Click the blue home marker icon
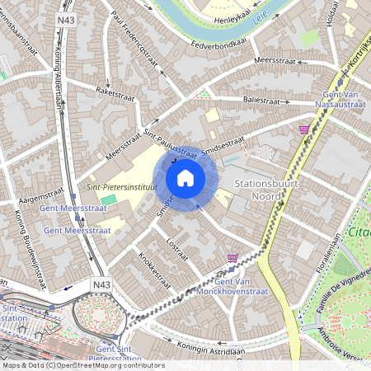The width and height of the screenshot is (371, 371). [185, 177]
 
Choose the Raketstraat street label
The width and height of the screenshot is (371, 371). [114, 93]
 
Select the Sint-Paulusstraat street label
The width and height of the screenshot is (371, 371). [170, 141]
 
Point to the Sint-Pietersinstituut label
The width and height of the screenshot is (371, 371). [122, 187]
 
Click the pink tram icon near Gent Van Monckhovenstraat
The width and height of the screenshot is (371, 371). [233, 259]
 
